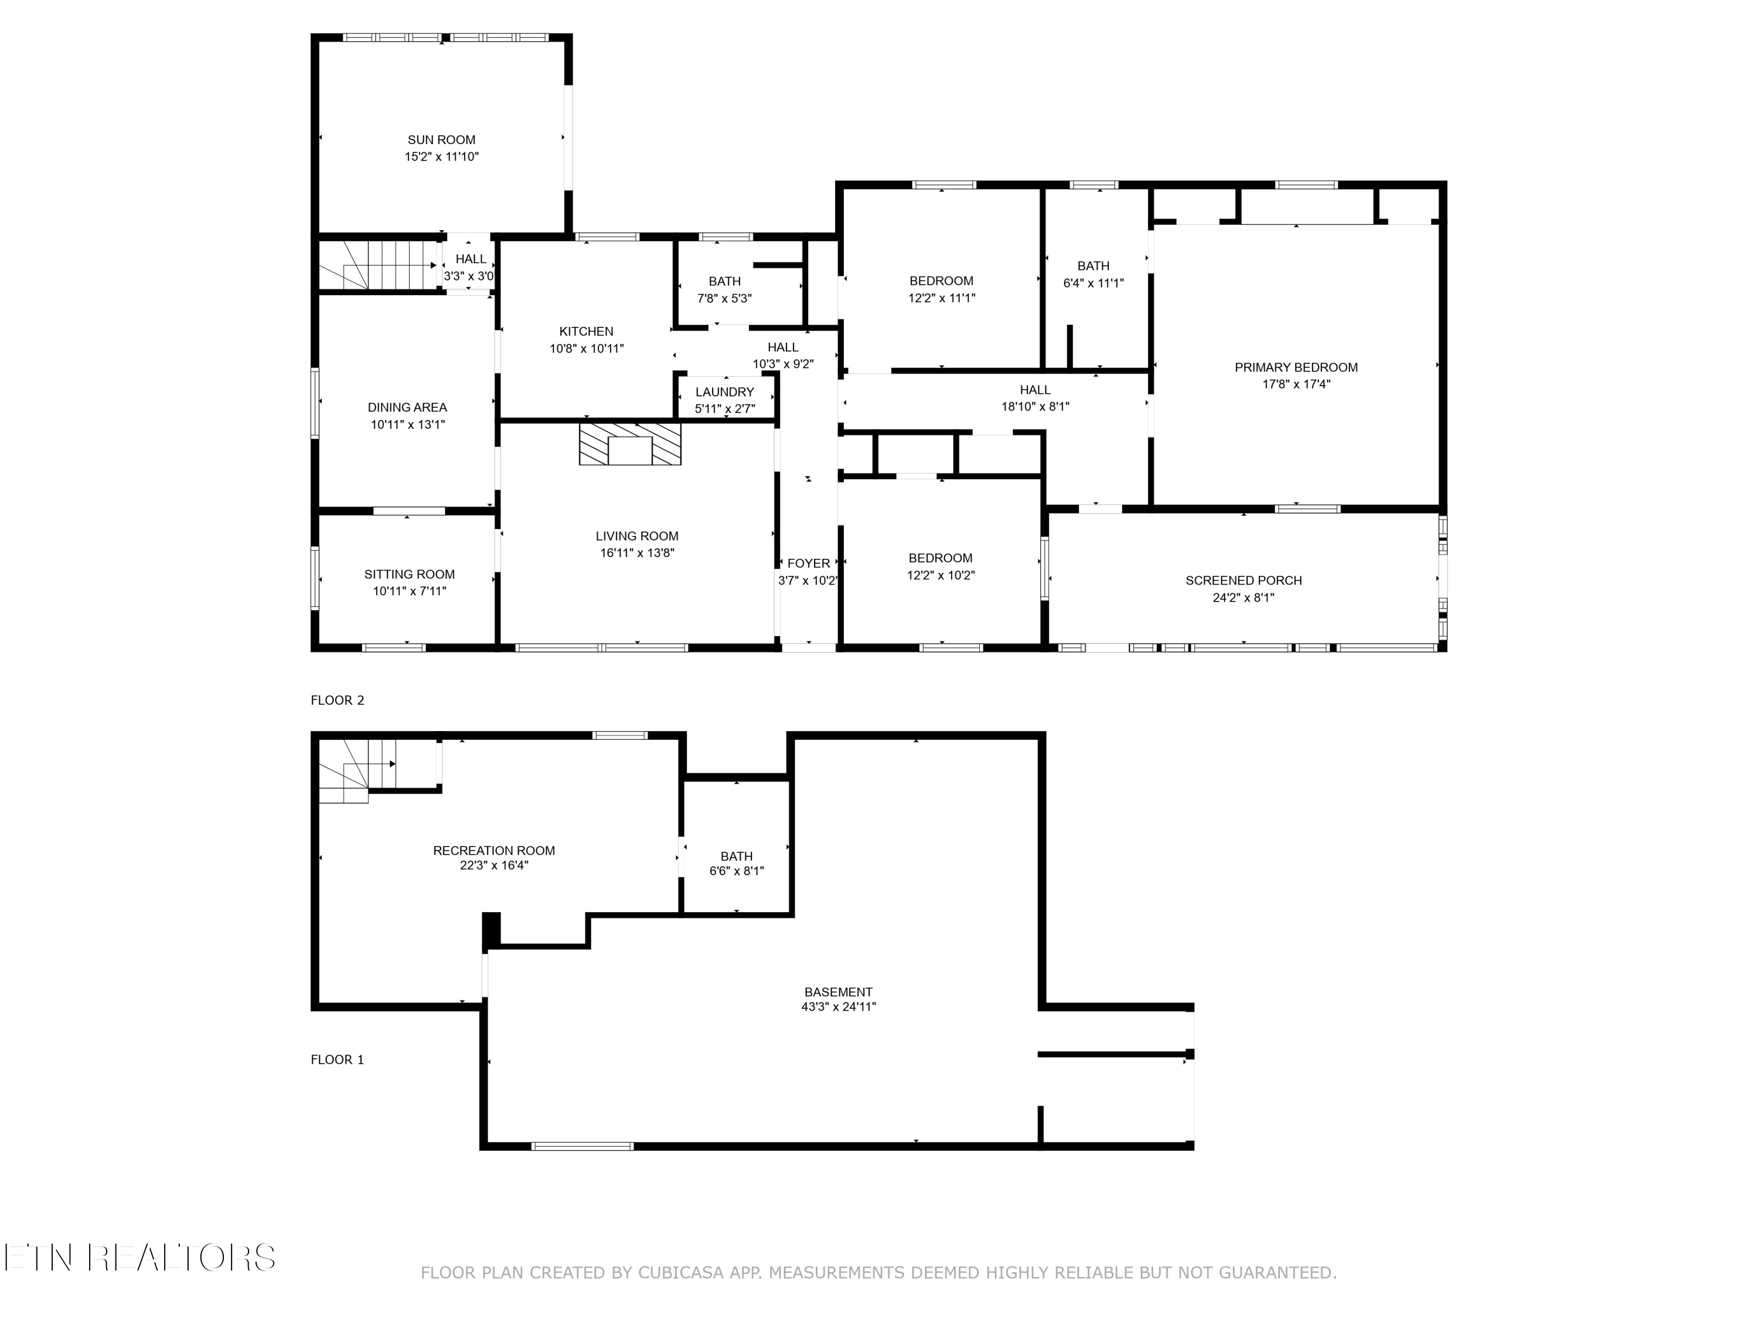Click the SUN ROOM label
(x=441, y=140)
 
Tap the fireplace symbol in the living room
(x=629, y=443)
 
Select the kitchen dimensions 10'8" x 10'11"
(x=587, y=349)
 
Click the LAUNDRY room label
(x=724, y=392)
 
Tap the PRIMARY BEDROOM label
(x=1296, y=367)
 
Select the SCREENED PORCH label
(x=1243, y=580)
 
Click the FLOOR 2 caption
(x=337, y=700)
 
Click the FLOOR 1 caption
(x=337, y=1059)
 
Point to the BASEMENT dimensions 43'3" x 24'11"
(x=839, y=1006)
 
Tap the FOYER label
(x=808, y=564)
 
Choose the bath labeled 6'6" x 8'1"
(x=736, y=863)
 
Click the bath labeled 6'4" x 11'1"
(x=1093, y=274)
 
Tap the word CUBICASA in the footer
(x=680, y=1273)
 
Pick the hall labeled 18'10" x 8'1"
(x=1035, y=398)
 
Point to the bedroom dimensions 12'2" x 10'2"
(x=940, y=575)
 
